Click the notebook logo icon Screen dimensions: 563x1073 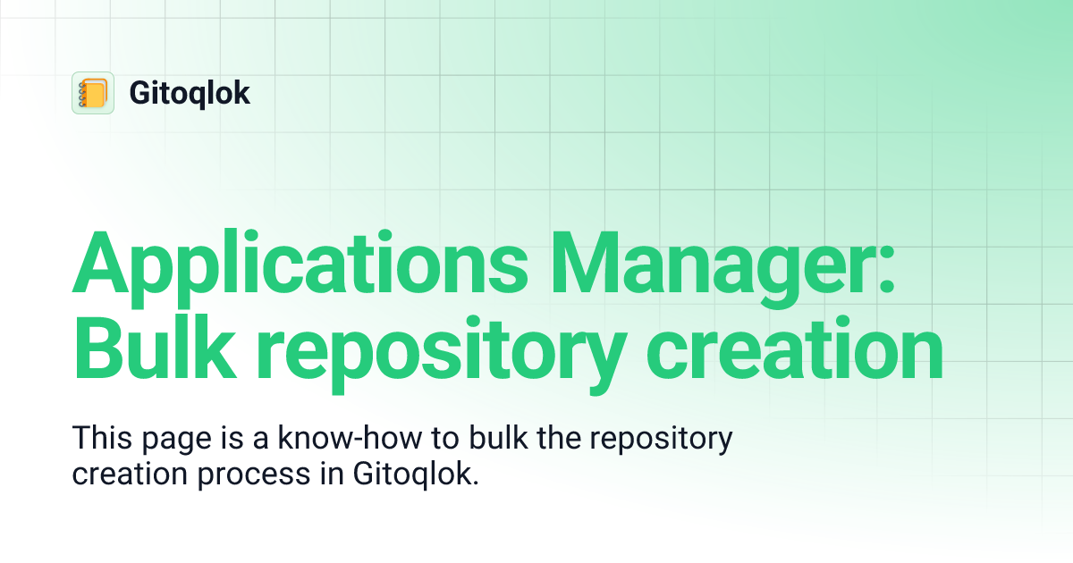(93, 93)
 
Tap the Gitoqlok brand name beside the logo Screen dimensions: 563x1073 (190, 93)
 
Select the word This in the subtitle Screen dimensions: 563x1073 (100, 440)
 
